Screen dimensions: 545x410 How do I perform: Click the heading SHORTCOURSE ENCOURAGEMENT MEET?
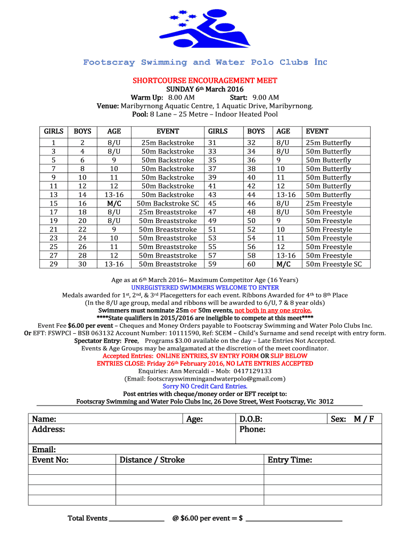(205, 80)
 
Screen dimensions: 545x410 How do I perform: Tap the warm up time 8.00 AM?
(181, 97)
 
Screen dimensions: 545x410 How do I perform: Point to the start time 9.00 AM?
(266, 97)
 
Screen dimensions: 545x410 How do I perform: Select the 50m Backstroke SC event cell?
(168, 203)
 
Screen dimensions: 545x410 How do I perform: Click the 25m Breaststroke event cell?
(168, 212)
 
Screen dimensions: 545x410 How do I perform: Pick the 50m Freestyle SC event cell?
(334, 264)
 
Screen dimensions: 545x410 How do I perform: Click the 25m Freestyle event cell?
(329, 203)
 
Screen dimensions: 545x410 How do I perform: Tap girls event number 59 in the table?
(212, 264)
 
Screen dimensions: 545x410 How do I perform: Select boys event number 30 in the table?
(82, 264)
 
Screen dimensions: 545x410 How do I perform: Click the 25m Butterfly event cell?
(329, 143)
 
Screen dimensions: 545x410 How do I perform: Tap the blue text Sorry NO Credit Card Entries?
(205, 386)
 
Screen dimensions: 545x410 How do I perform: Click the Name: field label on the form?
(44, 419)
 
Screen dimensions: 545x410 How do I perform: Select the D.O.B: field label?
(251, 419)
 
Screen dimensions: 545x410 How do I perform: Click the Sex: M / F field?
(352, 419)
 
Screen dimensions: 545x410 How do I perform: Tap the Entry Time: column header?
(290, 460)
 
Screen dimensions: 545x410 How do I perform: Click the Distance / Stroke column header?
(152, 460)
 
